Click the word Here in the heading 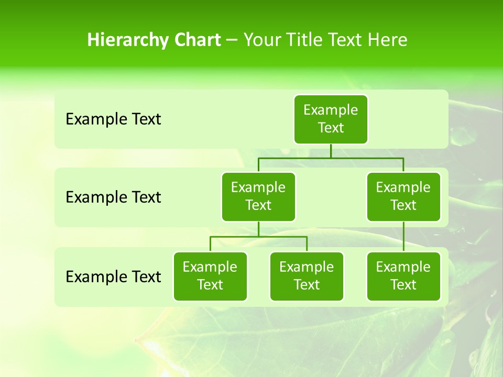[x=387, y=40]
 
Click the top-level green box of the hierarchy [x=331, y=119]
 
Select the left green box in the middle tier [x=258, y=197]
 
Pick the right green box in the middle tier [x=403, y=197]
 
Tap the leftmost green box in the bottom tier [x=210, y=276]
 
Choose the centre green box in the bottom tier [x=307, y=276]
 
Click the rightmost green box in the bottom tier [x=403, y=276]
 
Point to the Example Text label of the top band [x=113, y=119]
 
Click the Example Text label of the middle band [x=113, y=197]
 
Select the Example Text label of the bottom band [x=113, y=276]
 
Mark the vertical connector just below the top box [x=331, y=151]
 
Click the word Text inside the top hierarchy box [x=331, y=128]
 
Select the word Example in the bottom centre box [x=307, y=268]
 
